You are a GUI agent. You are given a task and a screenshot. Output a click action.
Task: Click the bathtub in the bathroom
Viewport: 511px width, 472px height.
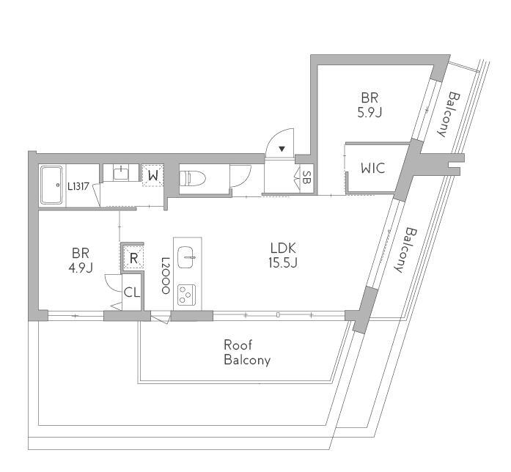(x=51, y=185)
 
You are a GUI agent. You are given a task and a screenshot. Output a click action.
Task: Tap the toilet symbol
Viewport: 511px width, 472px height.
(x=193, y=178)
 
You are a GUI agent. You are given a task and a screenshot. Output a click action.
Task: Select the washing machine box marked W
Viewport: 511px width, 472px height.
(x=152, y=175)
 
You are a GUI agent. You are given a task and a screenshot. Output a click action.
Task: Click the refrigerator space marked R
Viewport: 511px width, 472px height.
(x=133, y=257)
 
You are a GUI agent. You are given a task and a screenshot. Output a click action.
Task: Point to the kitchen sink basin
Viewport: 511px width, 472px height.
(x=186, y=257)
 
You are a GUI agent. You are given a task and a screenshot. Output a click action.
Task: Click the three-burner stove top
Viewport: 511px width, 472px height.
(x=186, y=295)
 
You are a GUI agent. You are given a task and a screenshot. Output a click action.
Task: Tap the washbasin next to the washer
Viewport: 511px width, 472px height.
(x=122, y=173)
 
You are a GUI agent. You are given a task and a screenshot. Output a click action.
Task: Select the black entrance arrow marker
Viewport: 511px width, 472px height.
(x=282, y=150)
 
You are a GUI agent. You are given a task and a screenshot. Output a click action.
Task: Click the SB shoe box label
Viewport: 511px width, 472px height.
(x=306, y=177)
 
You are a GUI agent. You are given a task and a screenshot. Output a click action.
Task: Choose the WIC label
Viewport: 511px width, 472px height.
(x=373, y=168)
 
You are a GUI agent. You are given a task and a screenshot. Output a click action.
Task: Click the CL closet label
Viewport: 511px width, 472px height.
(x=132, y=292)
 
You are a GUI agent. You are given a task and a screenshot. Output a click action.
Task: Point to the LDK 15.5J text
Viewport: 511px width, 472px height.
(x=283, y=255)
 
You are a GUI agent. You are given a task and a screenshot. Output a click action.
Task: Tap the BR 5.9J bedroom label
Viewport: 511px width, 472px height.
(x=370, y=105)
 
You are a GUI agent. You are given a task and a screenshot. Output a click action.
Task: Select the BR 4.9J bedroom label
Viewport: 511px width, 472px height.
(x=81, y=260)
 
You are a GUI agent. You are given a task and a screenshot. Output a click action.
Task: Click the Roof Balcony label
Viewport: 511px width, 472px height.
(x=247, y=353)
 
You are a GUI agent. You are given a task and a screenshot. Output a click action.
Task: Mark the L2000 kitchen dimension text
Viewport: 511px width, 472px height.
(x=166, y=276)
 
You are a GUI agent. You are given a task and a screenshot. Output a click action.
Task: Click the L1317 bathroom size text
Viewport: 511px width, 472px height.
(x=78, y=186)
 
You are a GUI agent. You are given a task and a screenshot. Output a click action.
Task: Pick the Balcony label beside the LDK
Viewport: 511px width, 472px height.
(x=405, y=250)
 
